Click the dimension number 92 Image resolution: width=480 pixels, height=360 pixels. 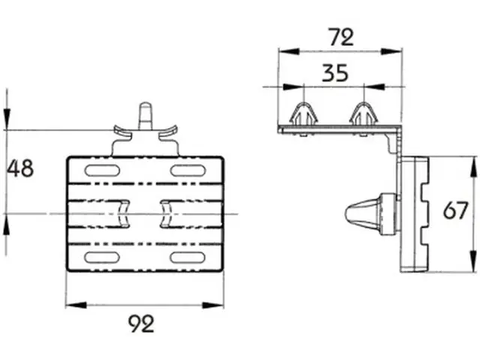click(141, 324)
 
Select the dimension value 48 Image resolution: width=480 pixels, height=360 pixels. click(20, 168)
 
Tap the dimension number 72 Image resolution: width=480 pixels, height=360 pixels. click(340, 37)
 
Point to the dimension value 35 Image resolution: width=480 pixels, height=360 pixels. click(335, 73)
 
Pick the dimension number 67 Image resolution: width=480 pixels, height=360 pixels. click(455, 210)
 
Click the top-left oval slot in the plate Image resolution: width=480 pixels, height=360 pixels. click(102, 170)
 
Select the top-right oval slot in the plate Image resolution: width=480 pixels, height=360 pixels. click(187, 170)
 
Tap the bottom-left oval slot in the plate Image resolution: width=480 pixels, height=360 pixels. click(102, 258)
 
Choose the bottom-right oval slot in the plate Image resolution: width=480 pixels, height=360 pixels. click(187, 258)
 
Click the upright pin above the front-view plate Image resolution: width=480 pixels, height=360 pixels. click(145, 116)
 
